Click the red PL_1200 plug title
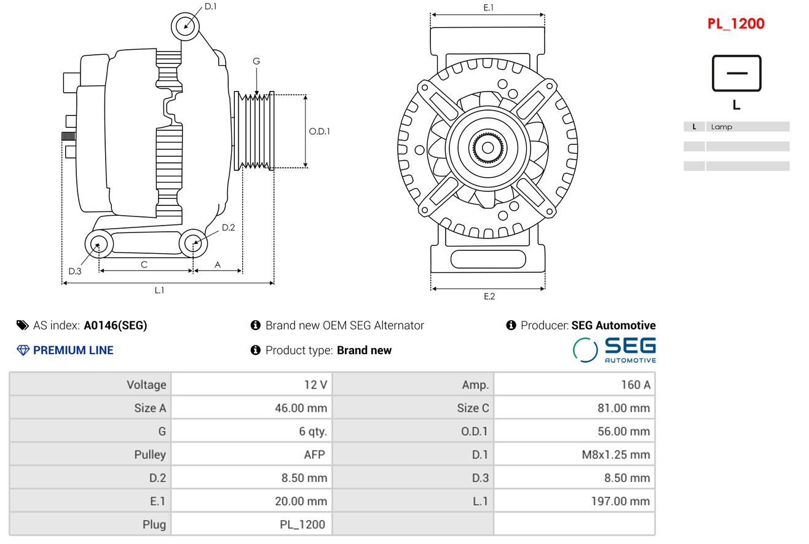click(x=736, y=24)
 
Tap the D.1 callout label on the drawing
click(x=210, y=7)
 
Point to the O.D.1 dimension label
click(x=319, y=131)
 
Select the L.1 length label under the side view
click(x=159, y=290)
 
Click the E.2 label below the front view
click(x=489, y=296)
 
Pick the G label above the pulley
click(x=256, y=61)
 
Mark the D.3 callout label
click(x=75, y=271)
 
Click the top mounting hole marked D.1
click(x=185, y=26)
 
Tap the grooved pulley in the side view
click(x=255, y=131)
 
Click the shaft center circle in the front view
click(x=488, y=148)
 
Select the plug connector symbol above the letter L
click(x=736, y=73)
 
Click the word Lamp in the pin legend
click(x=721, y=127)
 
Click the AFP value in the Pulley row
click(x=315, y=454)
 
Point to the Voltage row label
click(x=146, y=385)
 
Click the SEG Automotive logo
click(x=614, y=350)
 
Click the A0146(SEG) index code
click(x=115, y=325)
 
